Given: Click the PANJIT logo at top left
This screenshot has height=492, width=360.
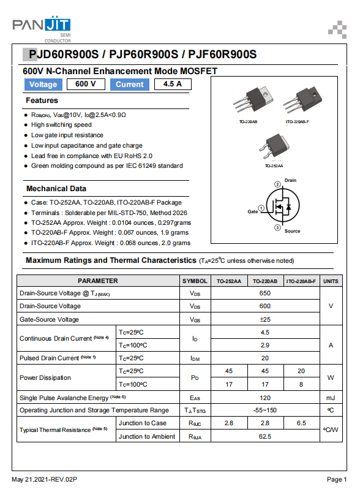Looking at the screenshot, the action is pyautogui.click(x=42, y=29).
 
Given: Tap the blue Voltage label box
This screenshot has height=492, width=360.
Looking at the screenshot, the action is pyautogui.click(x=43, y=85).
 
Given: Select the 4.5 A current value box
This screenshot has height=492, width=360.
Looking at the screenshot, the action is pyautogui.click(x=173, y=84).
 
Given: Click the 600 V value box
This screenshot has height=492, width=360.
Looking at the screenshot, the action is pyautogui.click(x=86, y=84).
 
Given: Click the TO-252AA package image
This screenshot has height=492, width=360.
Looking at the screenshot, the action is pyautogui.click(x=274, y=146).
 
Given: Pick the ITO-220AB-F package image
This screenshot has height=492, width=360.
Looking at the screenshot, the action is pyautogui.click(x=302, y=100).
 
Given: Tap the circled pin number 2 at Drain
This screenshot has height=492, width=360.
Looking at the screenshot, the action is pyautogui.click(x=277, y=184).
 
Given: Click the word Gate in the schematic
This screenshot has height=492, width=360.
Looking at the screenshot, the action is pyautogui.click(x=252, y=212).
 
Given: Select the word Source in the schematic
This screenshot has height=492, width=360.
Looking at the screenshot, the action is pyautogui.click(x=292, y=231).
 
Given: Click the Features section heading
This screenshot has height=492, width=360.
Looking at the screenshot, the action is pyautogui.click(x=42, y=100).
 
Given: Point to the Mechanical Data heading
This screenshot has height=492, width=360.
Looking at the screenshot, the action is pyautogui.click(x=56, y=189).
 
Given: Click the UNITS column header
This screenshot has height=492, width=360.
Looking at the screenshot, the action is pyautogui.click(x=331, y=281).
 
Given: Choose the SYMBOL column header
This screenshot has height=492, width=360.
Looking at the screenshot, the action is pyautogui.click(x=195, y=281).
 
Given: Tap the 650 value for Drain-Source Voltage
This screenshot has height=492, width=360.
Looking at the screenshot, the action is pyautogui.click(x=265, y=293).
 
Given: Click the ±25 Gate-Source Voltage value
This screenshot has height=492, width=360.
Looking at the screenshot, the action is pyautogui.click(x=265, y=319).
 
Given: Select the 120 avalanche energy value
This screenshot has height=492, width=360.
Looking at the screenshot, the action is pyautogui.click(x=265, y=398).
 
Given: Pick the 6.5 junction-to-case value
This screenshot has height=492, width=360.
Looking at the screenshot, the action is pyautogui.click(x=301, y=423).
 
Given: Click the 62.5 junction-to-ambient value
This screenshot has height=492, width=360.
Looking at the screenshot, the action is pyautogui.click(x=265, y=436).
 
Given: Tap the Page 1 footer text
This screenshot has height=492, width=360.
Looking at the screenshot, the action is pyautogui.click(x=337, y=480).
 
